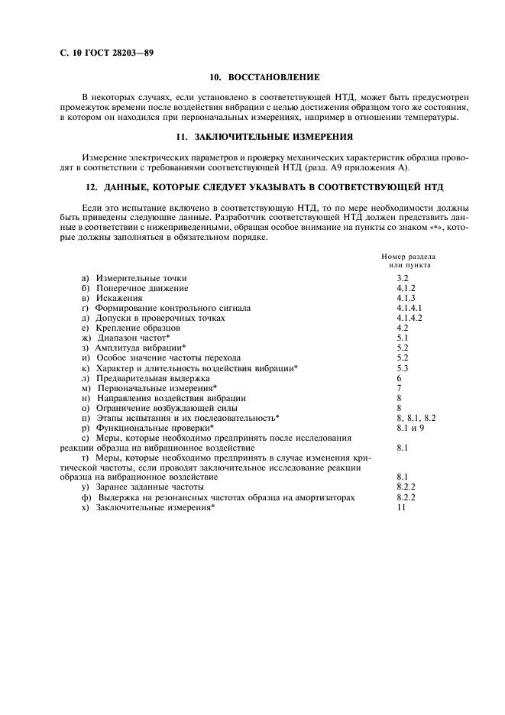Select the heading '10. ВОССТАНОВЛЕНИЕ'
point(264,78)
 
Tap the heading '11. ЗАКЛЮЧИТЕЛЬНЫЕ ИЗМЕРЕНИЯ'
point(264,136)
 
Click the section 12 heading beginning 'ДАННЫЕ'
point(264,188)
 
